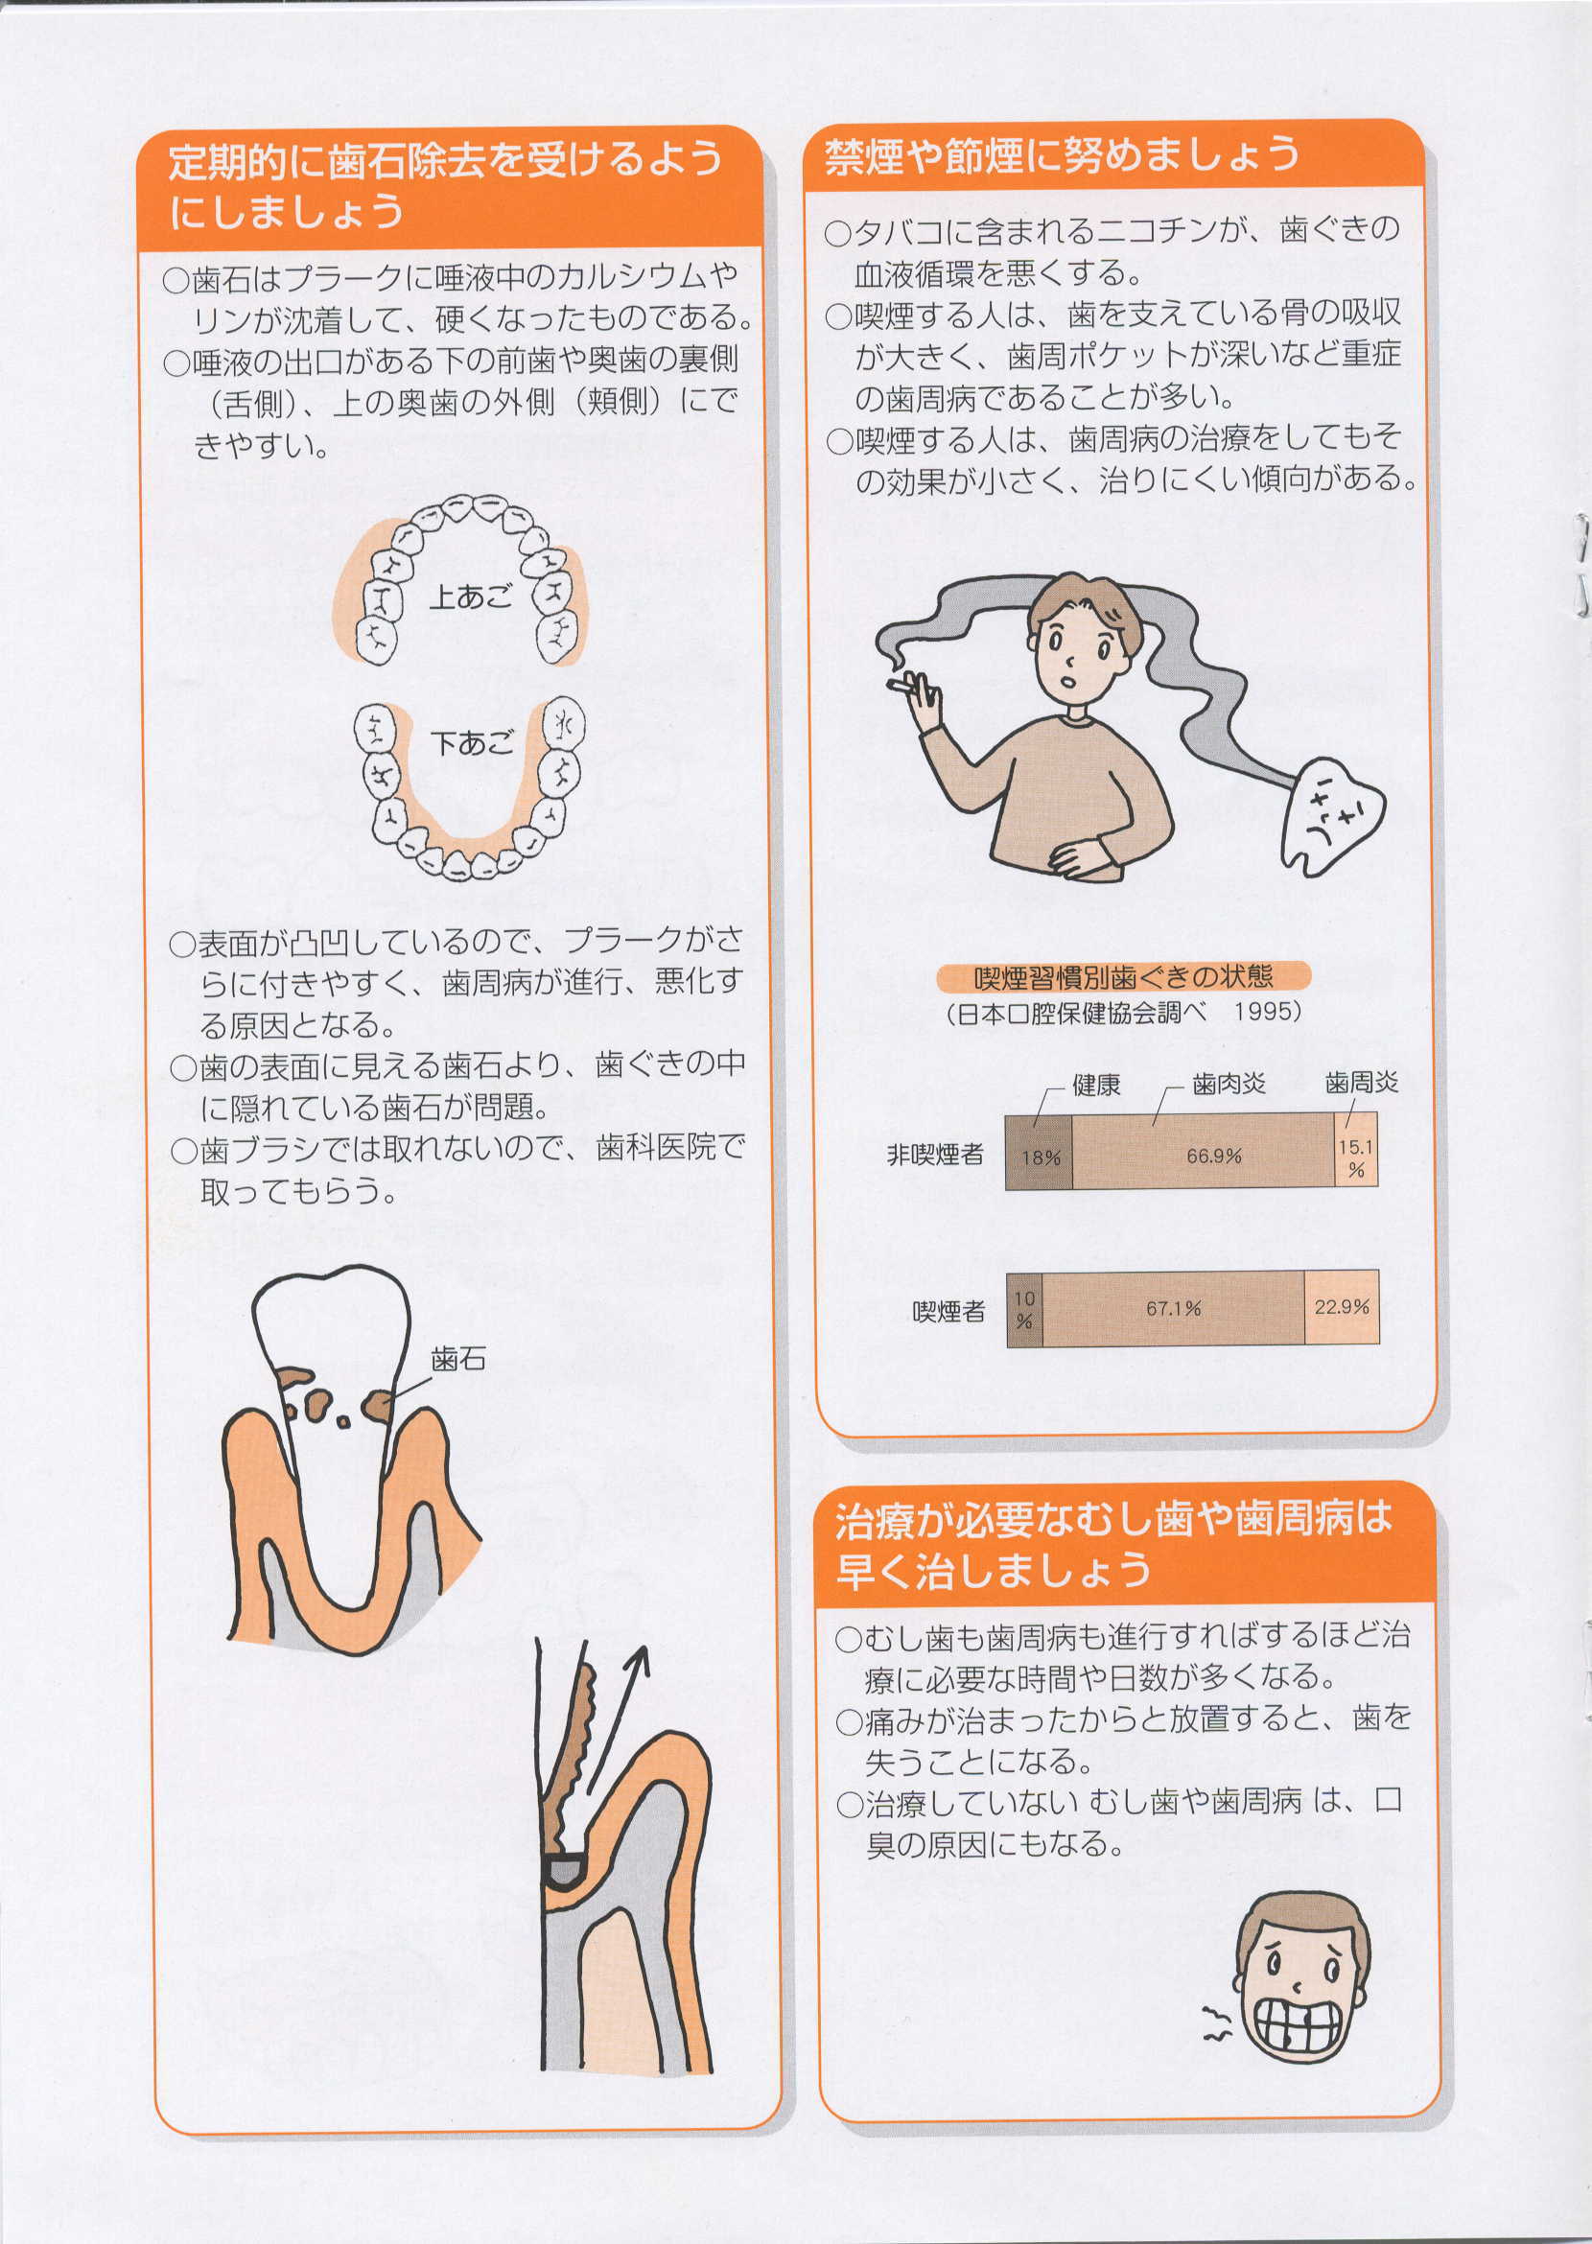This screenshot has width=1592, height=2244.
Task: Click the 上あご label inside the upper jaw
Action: [x=471, y=596]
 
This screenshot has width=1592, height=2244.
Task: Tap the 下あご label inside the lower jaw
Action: [x=472, y=743]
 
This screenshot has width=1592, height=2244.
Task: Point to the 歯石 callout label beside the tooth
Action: [x=457, y=1359]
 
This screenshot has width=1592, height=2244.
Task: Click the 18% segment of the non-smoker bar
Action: [x=1039, y=1151]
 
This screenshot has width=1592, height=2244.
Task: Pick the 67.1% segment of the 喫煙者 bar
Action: [x=1174, y=1307]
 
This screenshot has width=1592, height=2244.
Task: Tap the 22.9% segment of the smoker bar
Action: [x=1342, y=1307]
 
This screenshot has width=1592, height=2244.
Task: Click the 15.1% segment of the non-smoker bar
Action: [x=1357, y=1151]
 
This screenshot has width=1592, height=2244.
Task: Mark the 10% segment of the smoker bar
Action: [x=1024, y=1307]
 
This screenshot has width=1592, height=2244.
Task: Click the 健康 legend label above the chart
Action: [x=1096, y=1085]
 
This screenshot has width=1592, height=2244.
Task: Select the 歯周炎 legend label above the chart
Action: [x=1362, y=1083]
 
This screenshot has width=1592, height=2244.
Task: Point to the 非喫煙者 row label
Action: [x=935, y=1154]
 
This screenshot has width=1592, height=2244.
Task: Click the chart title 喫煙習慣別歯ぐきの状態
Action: [x=1123, y=975]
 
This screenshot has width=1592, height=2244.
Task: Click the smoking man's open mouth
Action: [x=1070, y=675]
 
